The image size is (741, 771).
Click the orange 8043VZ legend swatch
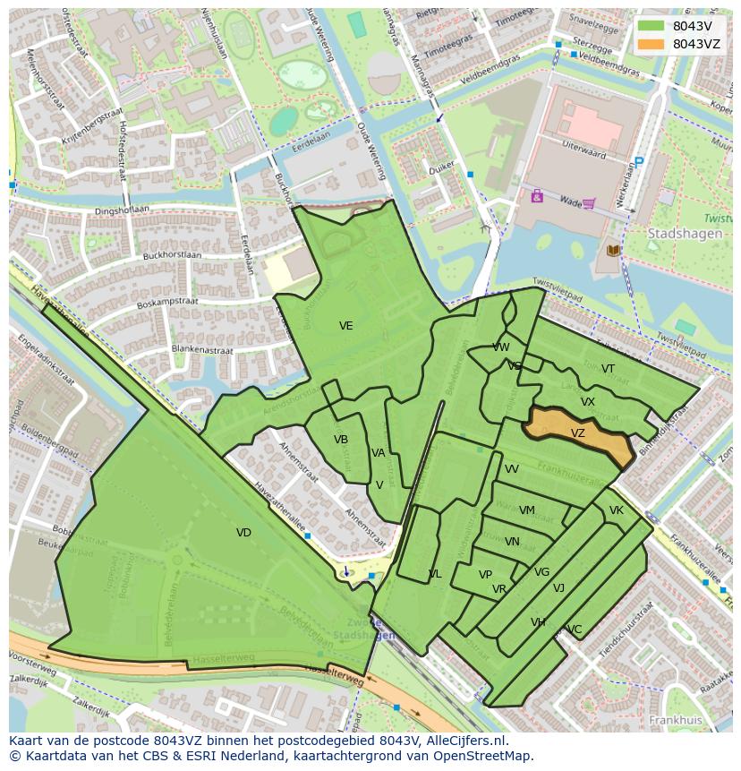click(x=652, y=44)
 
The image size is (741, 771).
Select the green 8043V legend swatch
click(x=652, y=26)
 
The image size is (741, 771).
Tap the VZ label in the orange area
click(x=578, y=433)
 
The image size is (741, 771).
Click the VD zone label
click(x=243, y=533)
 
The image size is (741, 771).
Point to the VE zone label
click(x=346, y=326)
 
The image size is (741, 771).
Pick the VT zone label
click(x=608, y=369)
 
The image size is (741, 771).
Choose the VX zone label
click(x=587, y=402)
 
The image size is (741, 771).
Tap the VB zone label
click(x=341, y=440)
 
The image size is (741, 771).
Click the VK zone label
click(x=616, y=510)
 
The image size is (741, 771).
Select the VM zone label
click(x=527, y=511)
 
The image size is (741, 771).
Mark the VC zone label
click(x=575, y=630)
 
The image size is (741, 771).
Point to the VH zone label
click(x=538, y=622)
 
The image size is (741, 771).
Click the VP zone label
click(x=485, y=575)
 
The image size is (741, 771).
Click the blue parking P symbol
click(x=638, y=162)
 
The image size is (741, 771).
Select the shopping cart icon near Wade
click(x=588, y=203)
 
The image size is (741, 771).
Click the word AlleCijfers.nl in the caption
click(x=465, y=741)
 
